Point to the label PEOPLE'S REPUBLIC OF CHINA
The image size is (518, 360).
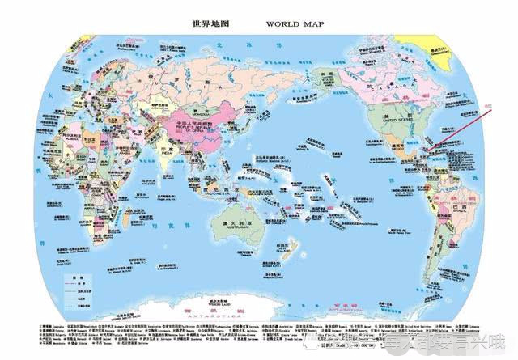point(187,129)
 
